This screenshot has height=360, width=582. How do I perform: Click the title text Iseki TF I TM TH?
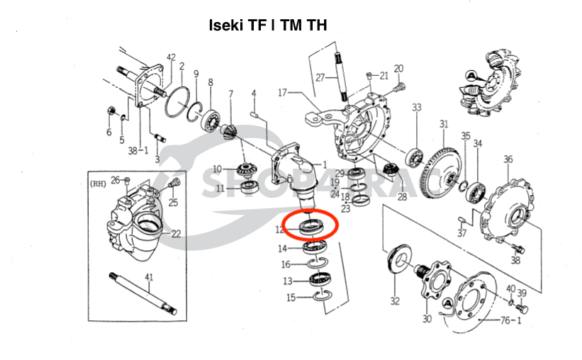click(x=267, y=26)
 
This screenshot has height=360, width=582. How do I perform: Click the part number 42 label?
click(x=171, y=57)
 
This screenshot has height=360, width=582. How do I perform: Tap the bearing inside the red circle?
click(x=310, y=226)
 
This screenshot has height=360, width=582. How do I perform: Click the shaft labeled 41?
click(x=142, y=291)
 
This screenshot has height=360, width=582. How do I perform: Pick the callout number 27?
click(x=320, y=77)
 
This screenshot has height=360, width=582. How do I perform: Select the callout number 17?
click(x=282, y=92)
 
